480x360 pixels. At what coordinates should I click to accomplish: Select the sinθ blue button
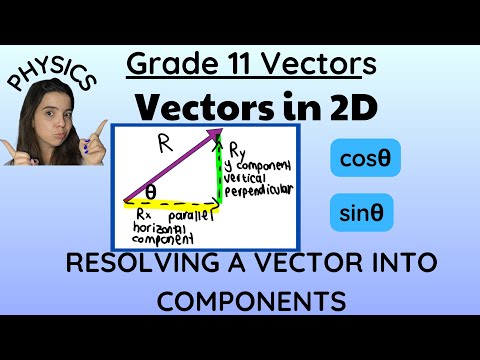[360, 212]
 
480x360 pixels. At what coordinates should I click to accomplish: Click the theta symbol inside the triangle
[151, 191]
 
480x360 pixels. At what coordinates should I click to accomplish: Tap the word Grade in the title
[166, 65]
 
